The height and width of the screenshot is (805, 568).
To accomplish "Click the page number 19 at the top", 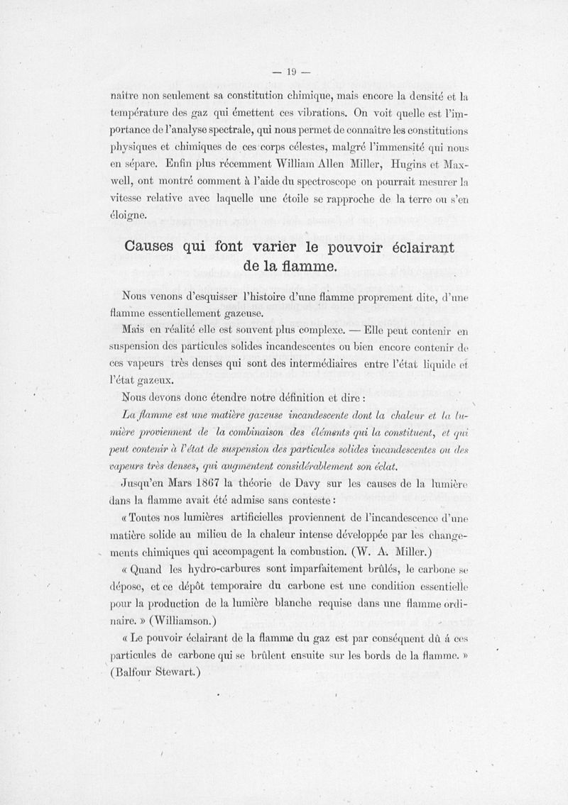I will [x=290, y=71].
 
